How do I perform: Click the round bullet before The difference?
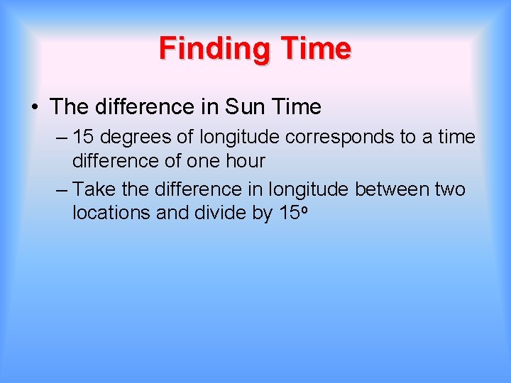tap(34, 107)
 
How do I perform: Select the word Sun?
tap(244, 107)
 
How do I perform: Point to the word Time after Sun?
tap(295, 107)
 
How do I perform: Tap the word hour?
tap(245, 161)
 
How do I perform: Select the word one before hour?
tap(204, 161)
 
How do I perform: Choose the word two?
tap(449, 189)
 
